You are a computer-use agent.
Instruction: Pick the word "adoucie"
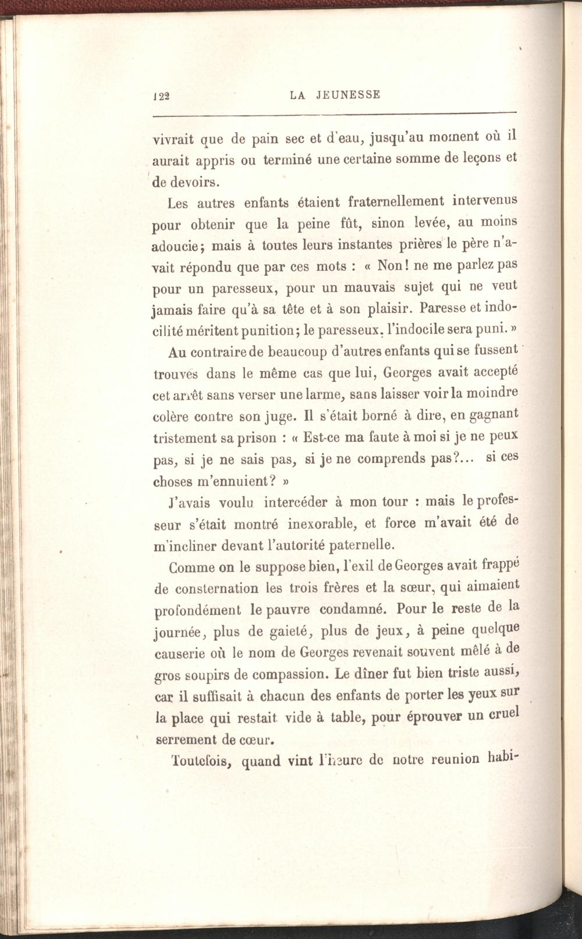click(175, 245)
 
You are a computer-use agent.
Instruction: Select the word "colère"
click(171, 416)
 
